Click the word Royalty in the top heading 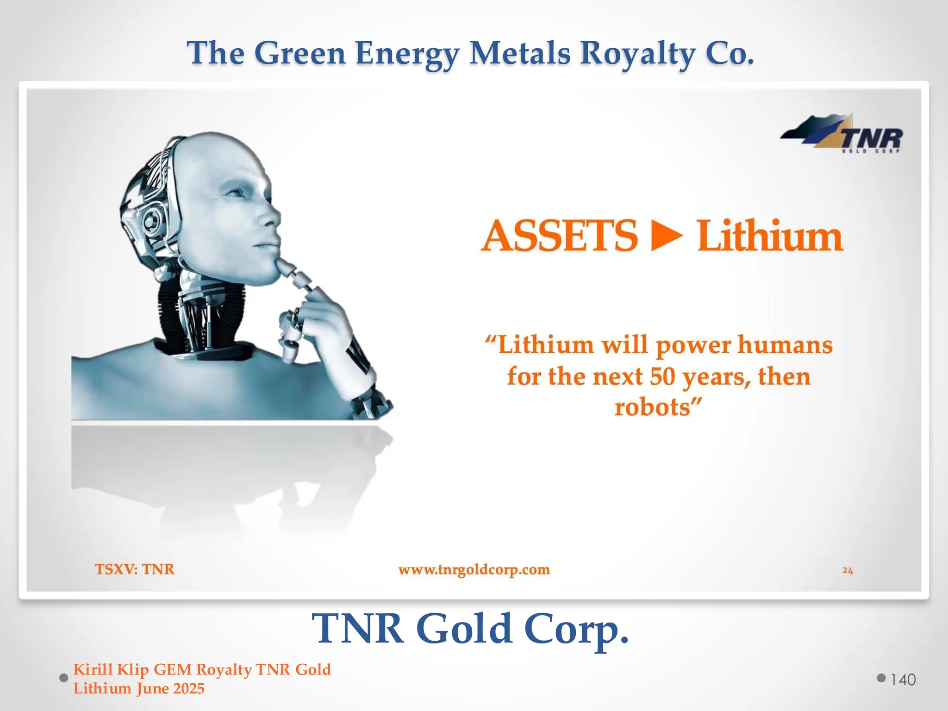click(637, 53)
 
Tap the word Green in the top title click(300, 53)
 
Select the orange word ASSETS click(559, 236)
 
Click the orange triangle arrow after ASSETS click(667, 236)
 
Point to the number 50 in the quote click(662, 376)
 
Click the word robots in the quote click(652, 407)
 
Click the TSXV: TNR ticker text click(135, 569)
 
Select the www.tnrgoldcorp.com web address click(474, 569)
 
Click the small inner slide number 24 click(848, 570)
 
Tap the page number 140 click(903, 680)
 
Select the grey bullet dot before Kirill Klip click(64, 678)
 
